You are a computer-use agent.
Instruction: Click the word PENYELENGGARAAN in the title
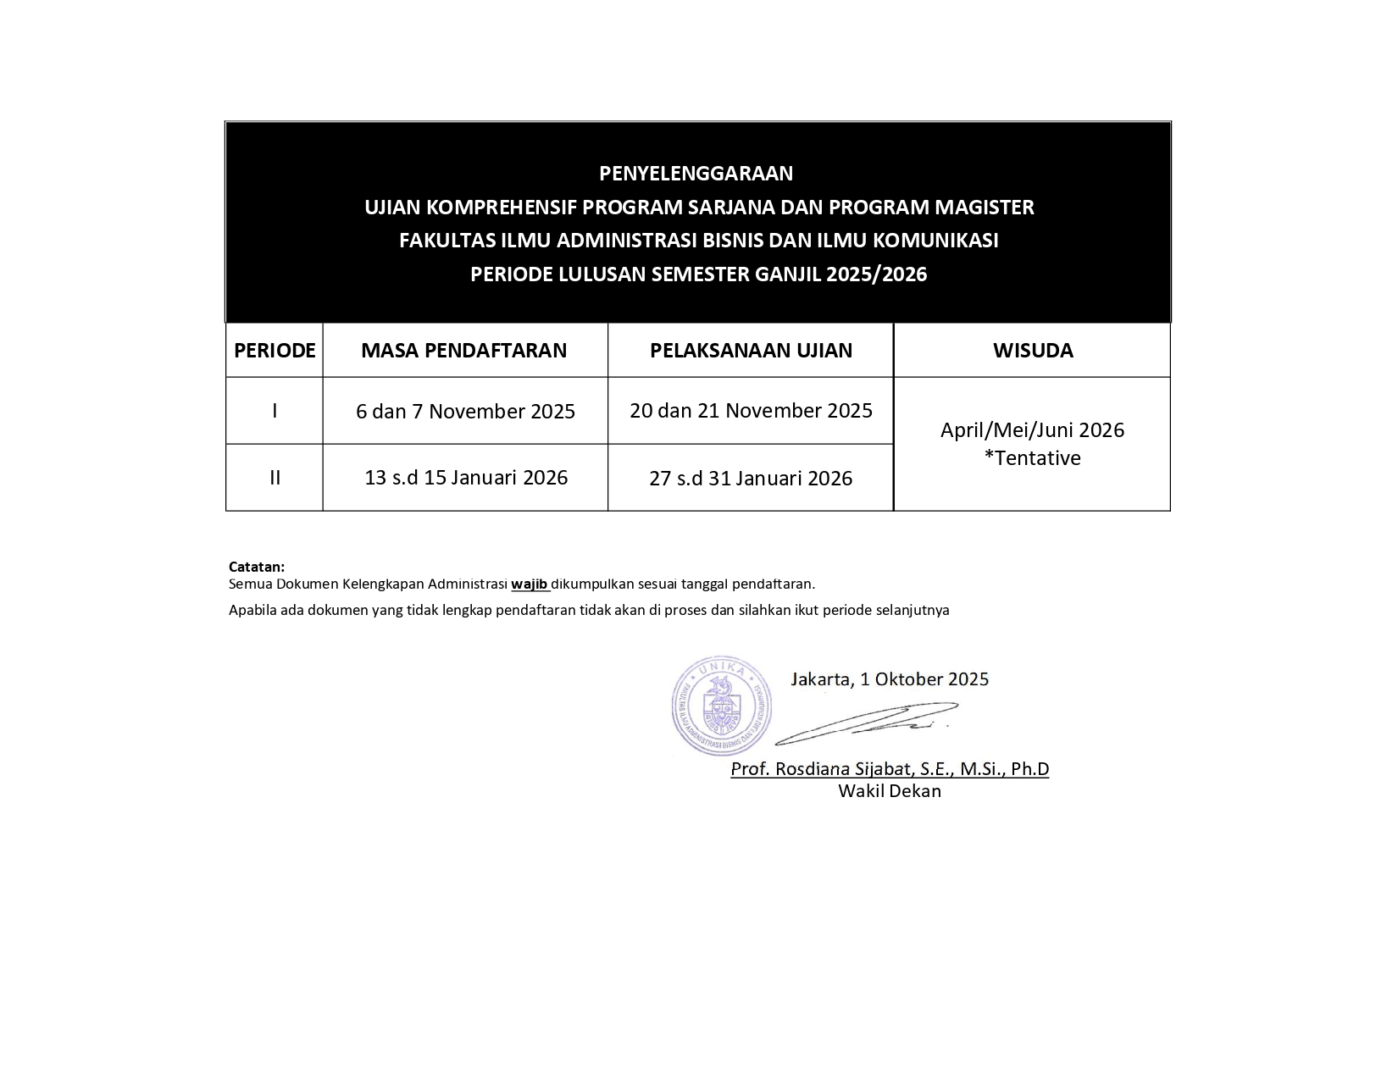pyautogui.click(x=696, y=174)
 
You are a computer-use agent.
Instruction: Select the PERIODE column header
pyautogui.click(x=275, y=351)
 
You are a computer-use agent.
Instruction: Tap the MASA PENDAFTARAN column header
pyautogui.click(x=464, y=351)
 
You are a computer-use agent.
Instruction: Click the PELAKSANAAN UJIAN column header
pyautogui.click(x=751, y=351)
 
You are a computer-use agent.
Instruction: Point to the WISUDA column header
pyautogui.click(x=1033, y=351)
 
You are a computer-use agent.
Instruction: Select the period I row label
pyautogui.click(x=275, y=411)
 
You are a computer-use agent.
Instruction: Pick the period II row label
pyautogui.click(x=275, y=478)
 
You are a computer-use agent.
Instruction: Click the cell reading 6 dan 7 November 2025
pyautogui.click(x=465, y=412)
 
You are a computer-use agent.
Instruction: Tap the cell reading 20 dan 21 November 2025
pyautogui.click(x=751, y=411)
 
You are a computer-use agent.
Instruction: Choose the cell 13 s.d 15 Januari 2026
pyautogui.click(x=465, y=478)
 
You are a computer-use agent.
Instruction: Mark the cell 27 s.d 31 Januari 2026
pyautogui.click(x=751, y=479)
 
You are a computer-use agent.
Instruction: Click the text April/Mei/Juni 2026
pyautogui.click(x=1032, y=430)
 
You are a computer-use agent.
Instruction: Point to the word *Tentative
pyautogui.click(x=1032, y=458)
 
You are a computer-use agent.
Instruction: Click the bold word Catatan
pyautogui.click(x=257, y=567)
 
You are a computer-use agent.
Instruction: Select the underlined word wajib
pyautogui.click(x=530, y=584)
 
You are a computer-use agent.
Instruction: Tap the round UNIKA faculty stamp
pyautogui.click(x=721, y=706)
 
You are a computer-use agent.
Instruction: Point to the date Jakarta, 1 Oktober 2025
pyautogui.click(x=890, y=679)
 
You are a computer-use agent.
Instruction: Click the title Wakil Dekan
pyautogui.click(x=890, y=791)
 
